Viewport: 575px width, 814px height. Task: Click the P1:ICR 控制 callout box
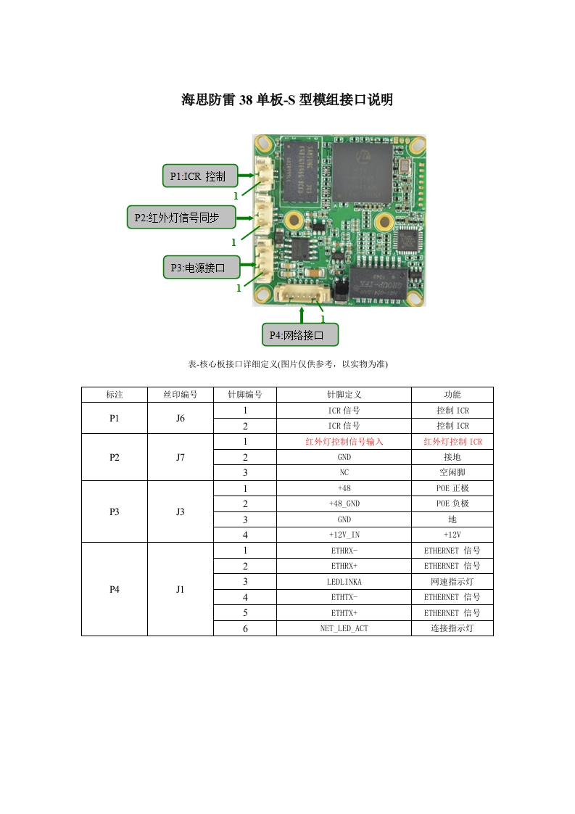point(198,176)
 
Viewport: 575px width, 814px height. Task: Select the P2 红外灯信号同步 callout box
point(183,217)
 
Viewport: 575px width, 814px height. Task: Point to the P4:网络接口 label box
point(299,334)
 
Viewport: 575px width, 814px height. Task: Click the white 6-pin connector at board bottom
point(302,293)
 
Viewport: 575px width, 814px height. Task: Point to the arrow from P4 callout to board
point(302,315)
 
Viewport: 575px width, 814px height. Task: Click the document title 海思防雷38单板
point(287,100)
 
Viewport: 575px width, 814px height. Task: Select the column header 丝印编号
point(180,395)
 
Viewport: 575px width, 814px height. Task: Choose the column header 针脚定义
point(344,395)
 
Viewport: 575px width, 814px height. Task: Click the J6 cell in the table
point(180,419)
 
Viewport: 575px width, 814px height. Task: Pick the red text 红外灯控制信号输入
point(344,442)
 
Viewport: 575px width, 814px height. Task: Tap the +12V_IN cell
point(344,535)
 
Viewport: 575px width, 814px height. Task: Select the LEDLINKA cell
point(344,582)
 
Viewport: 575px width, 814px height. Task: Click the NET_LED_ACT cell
point(344,628)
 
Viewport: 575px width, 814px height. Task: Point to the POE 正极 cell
point(452,488)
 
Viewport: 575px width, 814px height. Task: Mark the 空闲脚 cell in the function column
point(452,472)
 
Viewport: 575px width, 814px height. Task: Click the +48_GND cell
point(344,503)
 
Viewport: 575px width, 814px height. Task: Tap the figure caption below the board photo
point(288,364)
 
